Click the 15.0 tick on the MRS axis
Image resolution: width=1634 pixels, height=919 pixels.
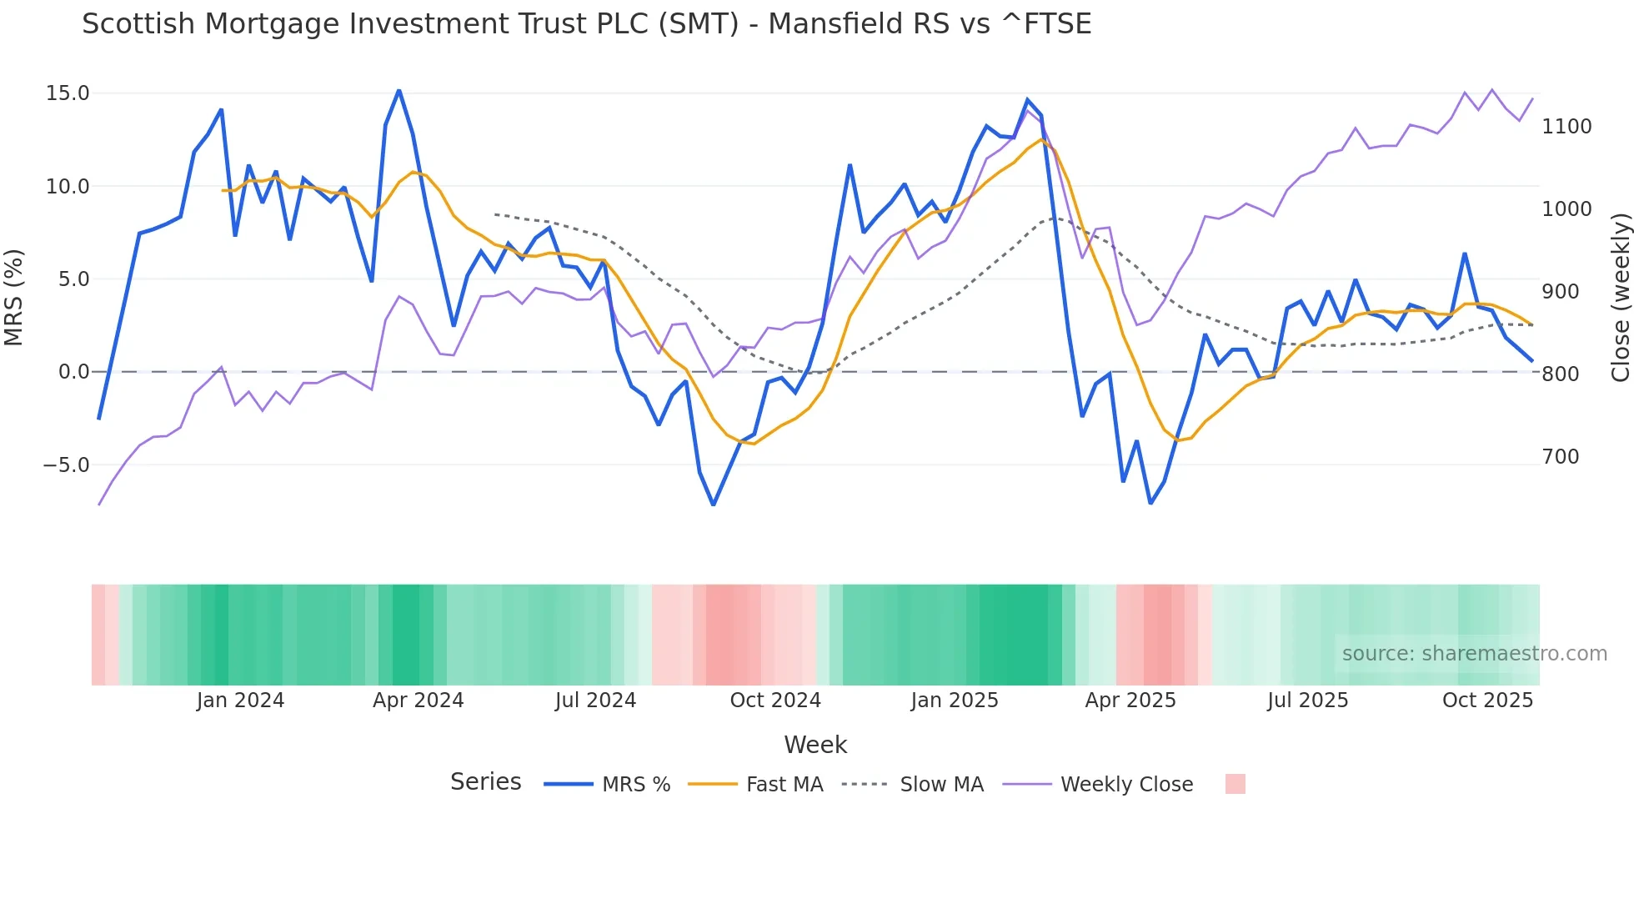67,93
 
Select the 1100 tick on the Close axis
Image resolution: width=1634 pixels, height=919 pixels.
1566,127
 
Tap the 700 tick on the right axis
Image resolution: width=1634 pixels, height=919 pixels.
1560,457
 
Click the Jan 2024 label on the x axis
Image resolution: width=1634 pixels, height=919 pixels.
240,701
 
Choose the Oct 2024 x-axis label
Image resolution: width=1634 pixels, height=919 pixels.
775,701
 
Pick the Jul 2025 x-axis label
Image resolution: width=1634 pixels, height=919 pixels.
1307,701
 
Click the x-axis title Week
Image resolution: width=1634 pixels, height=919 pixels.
815,745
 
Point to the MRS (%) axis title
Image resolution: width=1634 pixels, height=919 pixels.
13,297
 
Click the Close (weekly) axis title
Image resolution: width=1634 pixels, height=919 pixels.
1620,297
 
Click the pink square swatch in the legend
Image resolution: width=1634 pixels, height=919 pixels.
1235,784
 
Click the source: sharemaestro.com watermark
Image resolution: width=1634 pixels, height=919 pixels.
1474,654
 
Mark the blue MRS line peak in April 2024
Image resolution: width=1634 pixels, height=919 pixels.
398,90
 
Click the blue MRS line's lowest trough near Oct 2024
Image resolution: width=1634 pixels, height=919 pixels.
714,505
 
